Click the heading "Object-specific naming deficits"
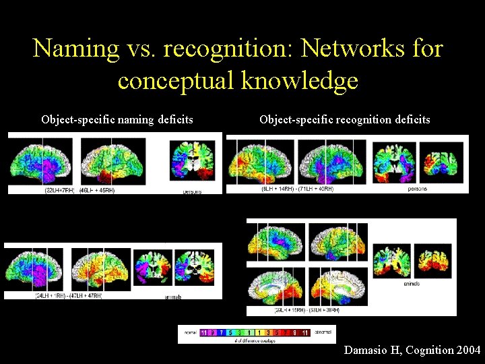117,120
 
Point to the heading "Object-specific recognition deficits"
345,120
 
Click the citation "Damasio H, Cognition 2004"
412,350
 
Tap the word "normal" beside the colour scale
190,332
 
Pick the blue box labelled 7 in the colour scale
221,332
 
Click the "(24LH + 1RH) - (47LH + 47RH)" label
69,296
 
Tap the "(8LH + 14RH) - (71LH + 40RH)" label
298,189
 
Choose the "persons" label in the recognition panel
418,189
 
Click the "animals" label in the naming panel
171,297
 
